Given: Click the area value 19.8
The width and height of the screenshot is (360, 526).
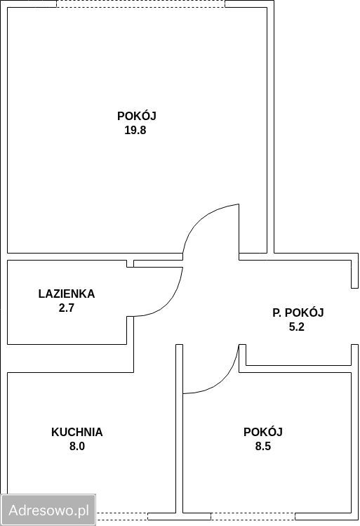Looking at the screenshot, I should coord(136,130).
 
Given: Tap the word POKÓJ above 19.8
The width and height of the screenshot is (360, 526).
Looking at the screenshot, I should coord(136,116).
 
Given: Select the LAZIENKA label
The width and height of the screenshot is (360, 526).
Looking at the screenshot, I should coord(67,294).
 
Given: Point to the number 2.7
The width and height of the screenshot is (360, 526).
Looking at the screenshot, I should coord(67,308).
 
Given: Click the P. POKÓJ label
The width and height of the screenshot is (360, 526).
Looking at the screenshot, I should coord(298,313).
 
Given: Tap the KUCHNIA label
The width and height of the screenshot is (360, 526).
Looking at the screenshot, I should coord(77,432).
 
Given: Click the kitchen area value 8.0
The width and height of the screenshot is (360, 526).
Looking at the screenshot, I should coord(77,446).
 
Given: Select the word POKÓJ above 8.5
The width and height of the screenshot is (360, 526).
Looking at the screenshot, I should coord(263,432).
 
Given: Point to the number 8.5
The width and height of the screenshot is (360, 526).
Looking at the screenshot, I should coord(263,446).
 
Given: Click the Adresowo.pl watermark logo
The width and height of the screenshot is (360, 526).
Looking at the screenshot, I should coord(48,510).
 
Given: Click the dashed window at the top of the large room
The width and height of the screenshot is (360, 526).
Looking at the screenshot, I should coord(140,4).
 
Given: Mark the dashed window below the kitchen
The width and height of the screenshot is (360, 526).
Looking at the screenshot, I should coord(137,518).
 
